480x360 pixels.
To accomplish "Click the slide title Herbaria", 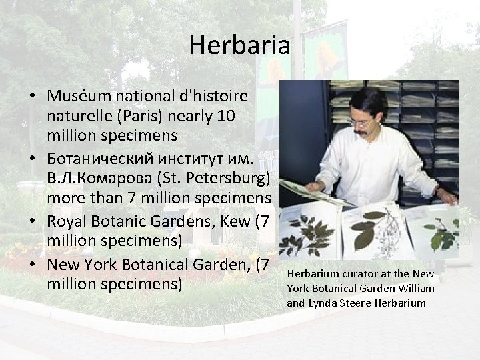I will pos(239,45).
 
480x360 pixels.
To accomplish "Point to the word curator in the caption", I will pos(351,274).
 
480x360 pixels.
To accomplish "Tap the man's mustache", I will pos(361,131).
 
